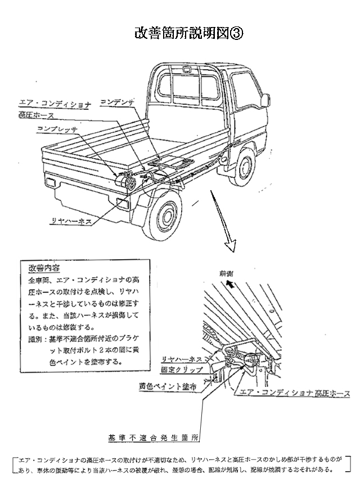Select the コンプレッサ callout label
click(57, 129)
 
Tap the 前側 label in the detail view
click(226, 273)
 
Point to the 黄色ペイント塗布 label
click(169, 387)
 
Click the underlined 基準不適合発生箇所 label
click(153, 436)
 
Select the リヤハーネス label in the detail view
click(182, 358)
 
